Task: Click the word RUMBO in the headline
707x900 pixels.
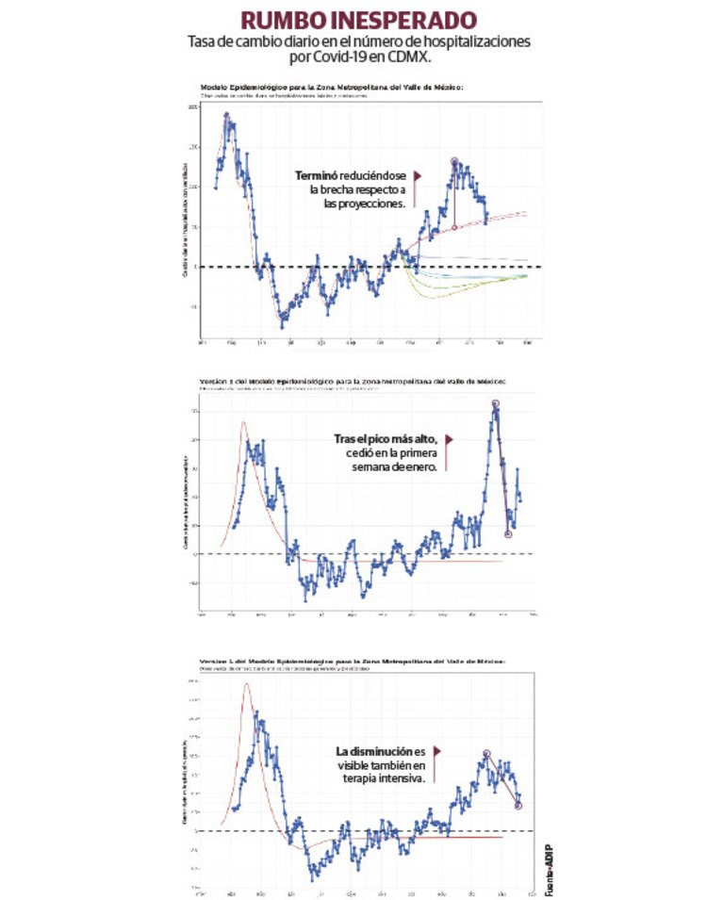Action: coord(276,21)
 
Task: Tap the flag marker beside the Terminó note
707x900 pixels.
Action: coord(417,176)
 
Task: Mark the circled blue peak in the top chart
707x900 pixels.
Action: coord(454,162)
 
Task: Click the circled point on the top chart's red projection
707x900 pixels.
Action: coord(454,227)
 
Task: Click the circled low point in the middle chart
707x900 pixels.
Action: coord(508,533)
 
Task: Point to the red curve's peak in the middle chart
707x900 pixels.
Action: coord(243,423)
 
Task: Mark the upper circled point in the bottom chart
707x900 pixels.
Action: coord(486,753)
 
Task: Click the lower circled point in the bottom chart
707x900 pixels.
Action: coord(518,805)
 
